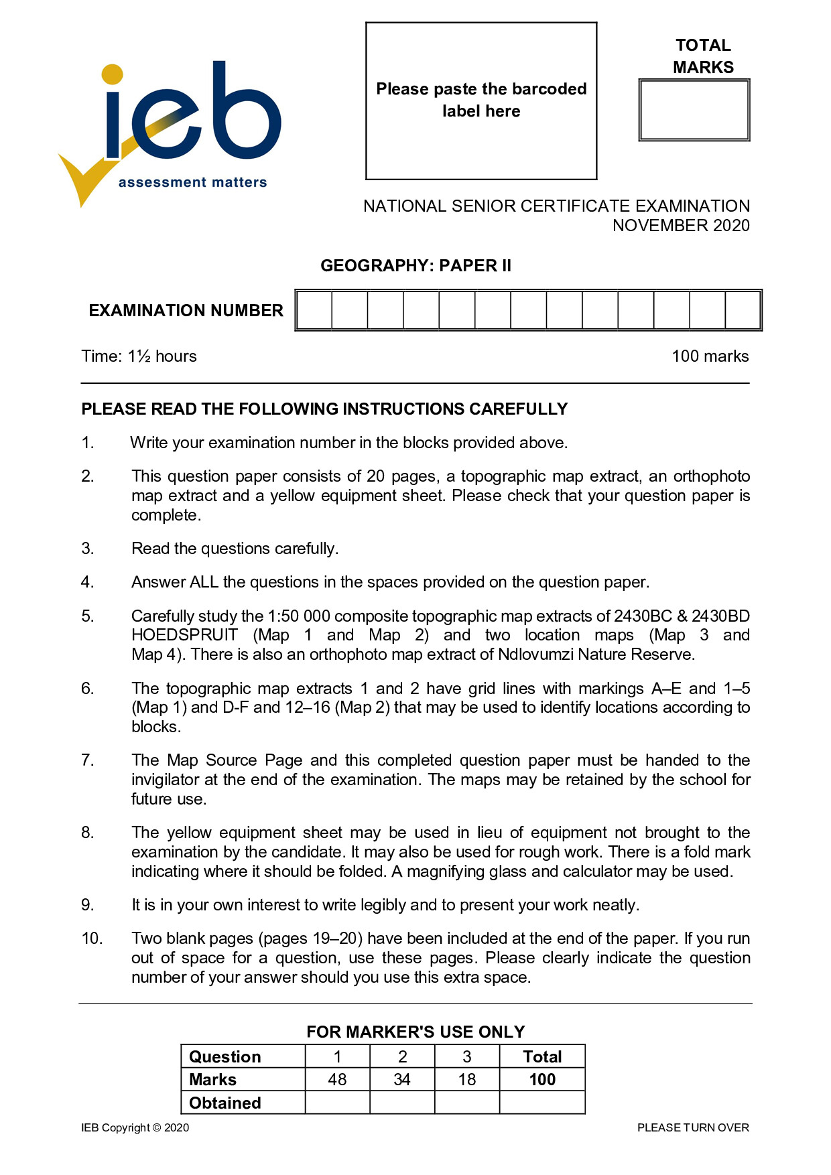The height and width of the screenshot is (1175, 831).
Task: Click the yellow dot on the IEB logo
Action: pyautogui.click(x=113, y=74)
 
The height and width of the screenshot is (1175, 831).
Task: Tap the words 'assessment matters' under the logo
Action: pyautogui.click(x=192, y=182)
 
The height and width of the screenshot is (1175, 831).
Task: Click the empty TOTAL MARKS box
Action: pyautogui.click(x=694, y=111)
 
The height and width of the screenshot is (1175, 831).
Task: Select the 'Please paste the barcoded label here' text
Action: pyautogui.click(x=481, y=100)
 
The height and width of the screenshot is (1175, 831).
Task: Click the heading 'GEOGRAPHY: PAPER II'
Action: pyautogui.click(x=415, y=266)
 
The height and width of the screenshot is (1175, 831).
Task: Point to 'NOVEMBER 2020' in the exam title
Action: pyautogui.click(x=681, y=226)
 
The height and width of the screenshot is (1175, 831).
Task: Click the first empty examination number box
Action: pyautogui.click(x=314, y=310)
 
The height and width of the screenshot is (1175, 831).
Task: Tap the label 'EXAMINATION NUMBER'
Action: pyautogui.click(x=186, y=311)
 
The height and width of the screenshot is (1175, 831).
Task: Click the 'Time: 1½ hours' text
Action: pyautogui.click(x=139, y=356)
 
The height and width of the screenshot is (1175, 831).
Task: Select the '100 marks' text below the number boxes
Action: pyautogui.click(x=710, y=356)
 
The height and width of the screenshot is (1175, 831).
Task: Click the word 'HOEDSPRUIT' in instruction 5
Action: pyautogui.click(x=184, y=635)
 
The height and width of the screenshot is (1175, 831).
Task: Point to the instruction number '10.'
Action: pyautogui.click(x=92, y=939)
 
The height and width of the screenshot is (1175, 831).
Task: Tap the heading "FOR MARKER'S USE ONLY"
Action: pyautogui.click(x=415, y=1032)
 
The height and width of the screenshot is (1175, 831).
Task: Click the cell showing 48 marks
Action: pyautogui.click(x=337, y=1080)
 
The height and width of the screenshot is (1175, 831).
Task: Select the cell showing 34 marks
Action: pyautogui.click(x=402, y=1080)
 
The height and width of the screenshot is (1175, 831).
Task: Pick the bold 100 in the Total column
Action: pyautogui.click(x=542, y=1080)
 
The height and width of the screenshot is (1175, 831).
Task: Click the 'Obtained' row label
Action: pyautogui.click(x=225, y=1103)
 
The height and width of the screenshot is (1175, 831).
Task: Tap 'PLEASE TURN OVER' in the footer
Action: pyautogui.click(x=693, y=1128)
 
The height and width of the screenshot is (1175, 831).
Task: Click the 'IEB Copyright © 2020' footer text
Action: pyautogui.click(x=135, y=1128)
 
